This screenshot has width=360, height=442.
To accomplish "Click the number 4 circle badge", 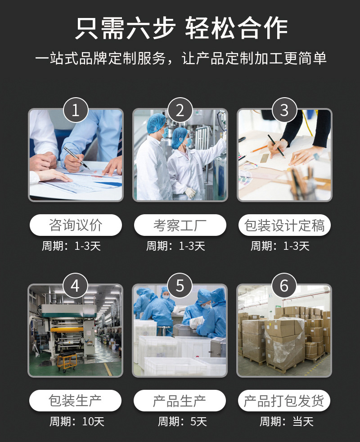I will click(76, 285).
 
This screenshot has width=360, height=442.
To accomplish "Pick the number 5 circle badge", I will click(180, 285).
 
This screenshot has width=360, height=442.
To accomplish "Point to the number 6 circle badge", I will click(284, 285).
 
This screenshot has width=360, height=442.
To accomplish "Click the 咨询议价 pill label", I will click(76, 225).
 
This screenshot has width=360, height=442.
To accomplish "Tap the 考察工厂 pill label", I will click(180, 225).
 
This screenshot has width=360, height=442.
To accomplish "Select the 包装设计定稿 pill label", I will click(284, 225).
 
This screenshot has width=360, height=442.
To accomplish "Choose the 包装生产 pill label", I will click(76, 400).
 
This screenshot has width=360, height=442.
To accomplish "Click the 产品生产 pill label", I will click(180, 400).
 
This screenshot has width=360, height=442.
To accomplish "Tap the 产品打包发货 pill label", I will click(284, 400).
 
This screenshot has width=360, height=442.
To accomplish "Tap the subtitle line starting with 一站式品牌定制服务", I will click(180, 59).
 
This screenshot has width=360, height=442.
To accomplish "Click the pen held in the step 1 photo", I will click(75, 157).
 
